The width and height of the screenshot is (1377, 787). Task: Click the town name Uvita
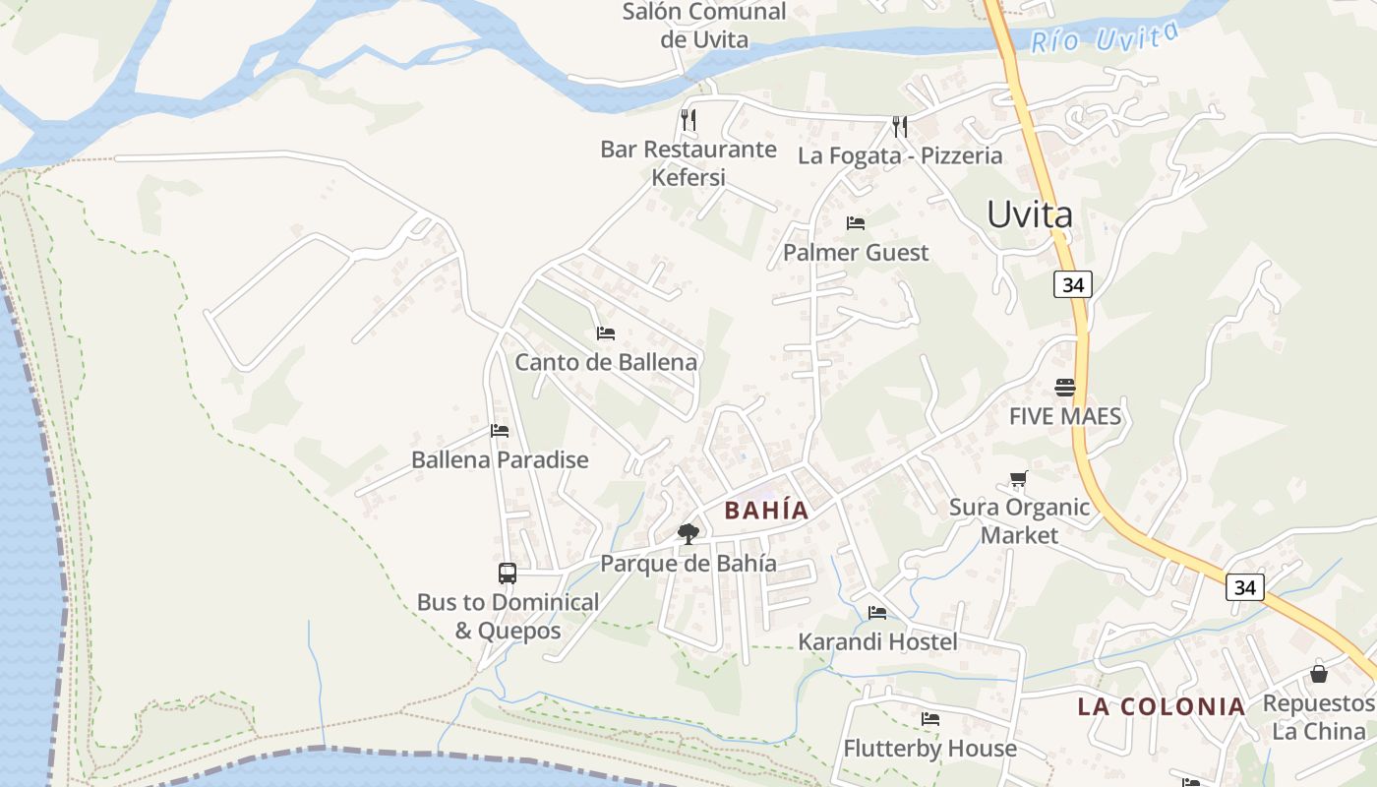tap(1029, 213)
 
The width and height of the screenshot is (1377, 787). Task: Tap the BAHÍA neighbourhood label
tap(766, 510)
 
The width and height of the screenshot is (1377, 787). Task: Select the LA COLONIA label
tap(1161, 705)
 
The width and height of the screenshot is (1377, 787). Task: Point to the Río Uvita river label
tap(1104, 37)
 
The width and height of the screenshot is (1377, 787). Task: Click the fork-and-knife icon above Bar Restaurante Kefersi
tap(688, 120)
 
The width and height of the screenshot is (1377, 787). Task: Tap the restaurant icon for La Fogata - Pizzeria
tap(899, 126)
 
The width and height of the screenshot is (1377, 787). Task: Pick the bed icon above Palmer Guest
tap(855, 223)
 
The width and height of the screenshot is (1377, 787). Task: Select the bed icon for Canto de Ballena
tap(606, 333)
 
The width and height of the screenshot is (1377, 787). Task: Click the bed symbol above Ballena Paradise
tap(500, 431)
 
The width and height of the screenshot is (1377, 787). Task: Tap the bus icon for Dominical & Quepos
tap(508, 573)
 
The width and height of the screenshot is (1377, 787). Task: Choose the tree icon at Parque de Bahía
tap(688, 534)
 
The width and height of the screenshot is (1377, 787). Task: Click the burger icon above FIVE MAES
tap(1065, 388)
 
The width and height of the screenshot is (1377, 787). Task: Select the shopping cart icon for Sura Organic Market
tap(1019, 479)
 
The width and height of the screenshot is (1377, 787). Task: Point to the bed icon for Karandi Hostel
tap(877, 613)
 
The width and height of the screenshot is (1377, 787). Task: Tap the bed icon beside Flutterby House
tap(930, 719)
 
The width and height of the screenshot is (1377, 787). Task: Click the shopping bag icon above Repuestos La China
tap(1318, 674)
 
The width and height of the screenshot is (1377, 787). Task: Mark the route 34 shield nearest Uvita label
tap(1073, 285)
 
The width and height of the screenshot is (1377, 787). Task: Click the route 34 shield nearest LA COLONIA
tap(1245, 587)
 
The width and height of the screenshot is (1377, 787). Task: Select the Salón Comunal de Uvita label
tap(704, 26)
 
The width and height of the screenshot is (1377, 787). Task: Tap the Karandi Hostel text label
tap(877, 642)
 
